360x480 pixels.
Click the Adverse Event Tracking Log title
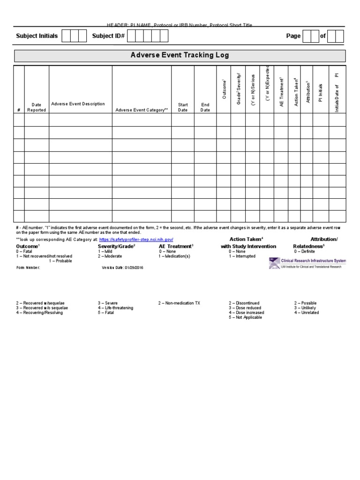tap(180, 55)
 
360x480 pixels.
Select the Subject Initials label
tap(37, 36)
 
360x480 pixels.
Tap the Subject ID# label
tap(108, 36)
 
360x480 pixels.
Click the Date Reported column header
tap(37, 107)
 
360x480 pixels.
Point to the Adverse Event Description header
tap(78, 104)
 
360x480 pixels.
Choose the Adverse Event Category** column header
tap(141, 110)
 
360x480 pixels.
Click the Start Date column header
tap(183, 107)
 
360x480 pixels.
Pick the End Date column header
tap(205, 107)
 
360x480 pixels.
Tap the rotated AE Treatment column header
tap(282, 92)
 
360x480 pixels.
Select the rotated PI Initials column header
tap(321, 93)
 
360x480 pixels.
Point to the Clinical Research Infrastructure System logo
tap(307, 263)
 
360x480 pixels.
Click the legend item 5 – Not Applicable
tap(245, 317)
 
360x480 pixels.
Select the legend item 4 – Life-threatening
tap(115, 308)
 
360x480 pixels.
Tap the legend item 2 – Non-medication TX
tap(179, 303)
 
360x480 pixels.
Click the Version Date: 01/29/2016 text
tap(123, 268)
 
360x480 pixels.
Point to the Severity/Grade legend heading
tap(116, 246)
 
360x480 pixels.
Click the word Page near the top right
tap(293, 36)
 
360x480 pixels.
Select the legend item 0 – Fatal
tap(24, 251)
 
